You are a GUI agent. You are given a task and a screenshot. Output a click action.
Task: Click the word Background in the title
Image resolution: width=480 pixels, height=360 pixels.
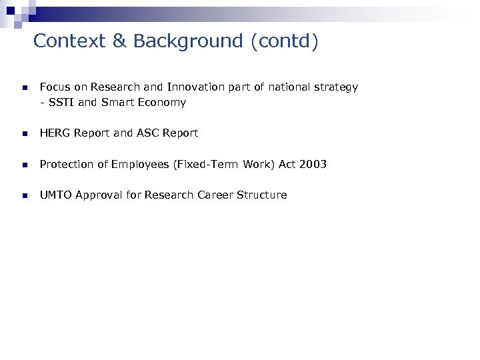(x=188, y=41)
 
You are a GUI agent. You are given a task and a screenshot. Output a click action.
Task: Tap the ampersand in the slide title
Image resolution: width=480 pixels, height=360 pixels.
(x=119, y=41)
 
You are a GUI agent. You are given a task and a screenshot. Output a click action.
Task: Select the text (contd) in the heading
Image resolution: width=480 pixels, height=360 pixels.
(x=285, y=41)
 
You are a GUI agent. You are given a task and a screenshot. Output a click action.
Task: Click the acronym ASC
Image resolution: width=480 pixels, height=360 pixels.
(x=148, y=133)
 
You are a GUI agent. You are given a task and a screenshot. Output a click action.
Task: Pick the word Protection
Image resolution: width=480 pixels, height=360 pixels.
(x=67, y=164)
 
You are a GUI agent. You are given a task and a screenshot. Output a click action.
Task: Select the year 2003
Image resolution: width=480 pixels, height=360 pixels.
(x=313, y=164)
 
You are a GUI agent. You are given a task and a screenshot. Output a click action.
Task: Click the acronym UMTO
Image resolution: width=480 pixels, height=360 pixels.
(x=56, y=195)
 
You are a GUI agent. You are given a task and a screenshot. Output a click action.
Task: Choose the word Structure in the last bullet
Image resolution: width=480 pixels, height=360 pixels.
(x=261, y=195)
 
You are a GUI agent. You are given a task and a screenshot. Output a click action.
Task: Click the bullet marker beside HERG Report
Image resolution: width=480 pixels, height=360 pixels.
(x=23, y=134)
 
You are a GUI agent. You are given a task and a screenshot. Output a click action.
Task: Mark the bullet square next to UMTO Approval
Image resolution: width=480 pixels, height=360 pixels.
(x=23, y=196)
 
